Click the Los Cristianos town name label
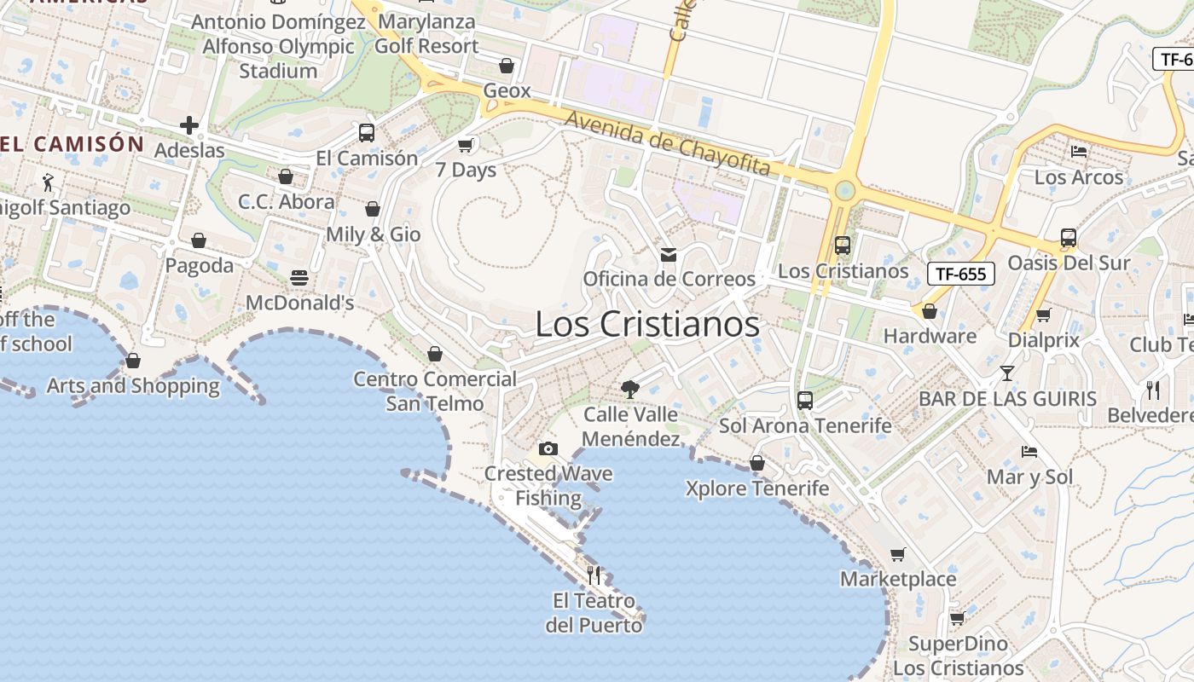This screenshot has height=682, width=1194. coord(647,325)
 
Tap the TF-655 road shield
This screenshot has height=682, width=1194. coord(961,274)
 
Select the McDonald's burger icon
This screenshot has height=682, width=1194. coord(299,278)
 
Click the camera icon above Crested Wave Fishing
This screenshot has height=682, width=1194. coord(548,448)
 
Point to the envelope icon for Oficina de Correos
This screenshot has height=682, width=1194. coord(668,255)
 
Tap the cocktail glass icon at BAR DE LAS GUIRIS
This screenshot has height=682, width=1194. coord(1007,373)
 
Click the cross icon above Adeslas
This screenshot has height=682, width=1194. coord(189,126)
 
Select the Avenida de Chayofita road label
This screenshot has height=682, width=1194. coord(667,144)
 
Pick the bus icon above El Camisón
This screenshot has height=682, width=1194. coord(367,133)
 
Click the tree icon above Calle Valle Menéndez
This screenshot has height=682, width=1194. coord(630,390)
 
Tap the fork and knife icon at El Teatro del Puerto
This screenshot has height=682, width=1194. coord(594,575)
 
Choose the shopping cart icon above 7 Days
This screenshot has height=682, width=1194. coord(466,145)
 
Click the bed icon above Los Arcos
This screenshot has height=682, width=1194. coord(1079,153)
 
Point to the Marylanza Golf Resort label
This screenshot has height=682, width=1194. coord(426,34)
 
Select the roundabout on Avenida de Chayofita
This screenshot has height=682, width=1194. coord(844,190)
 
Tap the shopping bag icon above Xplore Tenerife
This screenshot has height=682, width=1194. coord(756,463)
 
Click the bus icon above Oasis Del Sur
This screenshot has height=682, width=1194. coord(1068,238)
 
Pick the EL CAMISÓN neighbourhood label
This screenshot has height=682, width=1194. coord(72,144)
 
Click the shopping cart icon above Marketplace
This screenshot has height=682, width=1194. coord(897,555)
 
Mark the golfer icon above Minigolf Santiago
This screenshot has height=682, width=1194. coord(49,182)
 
